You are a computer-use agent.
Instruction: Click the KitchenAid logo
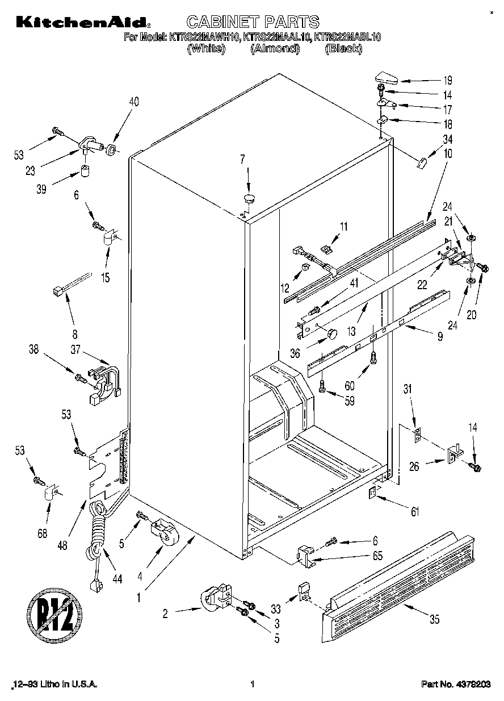[x=83, y=22]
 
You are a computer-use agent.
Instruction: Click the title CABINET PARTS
[x=253, y=22]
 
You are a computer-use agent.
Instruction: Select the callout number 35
[x=434, y=620]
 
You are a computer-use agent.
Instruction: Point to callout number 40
[x=134, y=102]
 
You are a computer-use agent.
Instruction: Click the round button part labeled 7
[x=250, y=198]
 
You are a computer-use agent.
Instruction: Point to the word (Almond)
[x=275, y=49]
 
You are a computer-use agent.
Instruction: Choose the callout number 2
[x=165, y=613]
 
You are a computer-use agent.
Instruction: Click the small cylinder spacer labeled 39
[x=85, y=170]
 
